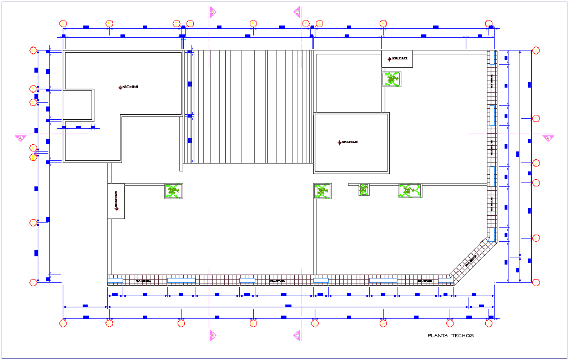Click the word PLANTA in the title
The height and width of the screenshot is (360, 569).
(x=437, y=336)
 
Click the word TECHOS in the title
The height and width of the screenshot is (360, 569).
(x=463, y=336)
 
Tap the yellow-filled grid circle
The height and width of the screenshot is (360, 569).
(x=33, y=157)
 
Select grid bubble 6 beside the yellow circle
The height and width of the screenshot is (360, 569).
(x=33, y=148)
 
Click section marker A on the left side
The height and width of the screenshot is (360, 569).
(x=21, y=138)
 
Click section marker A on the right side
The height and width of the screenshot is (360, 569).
(x=548, y=138)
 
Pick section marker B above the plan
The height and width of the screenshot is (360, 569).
(x=212, y=12)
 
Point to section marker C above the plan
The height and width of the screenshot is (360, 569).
(x=297, y=12)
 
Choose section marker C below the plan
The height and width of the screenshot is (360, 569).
(x=297, y=335)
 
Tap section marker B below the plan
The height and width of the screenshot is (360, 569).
(x=212, y=335)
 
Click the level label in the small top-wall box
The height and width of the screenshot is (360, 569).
(x=397, y=58)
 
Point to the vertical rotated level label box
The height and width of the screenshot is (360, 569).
(x=116, y=201)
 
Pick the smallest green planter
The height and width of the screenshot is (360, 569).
(x=364, y=190)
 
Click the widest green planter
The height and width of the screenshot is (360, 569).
(x=410, y=190)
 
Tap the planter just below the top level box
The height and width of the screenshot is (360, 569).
(x=392, y=79)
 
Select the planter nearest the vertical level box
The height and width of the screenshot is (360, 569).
(x=174, y=191)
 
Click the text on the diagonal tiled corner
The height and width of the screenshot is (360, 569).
(x=471, y=260)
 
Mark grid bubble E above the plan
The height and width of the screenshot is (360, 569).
(x=254, y=24)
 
